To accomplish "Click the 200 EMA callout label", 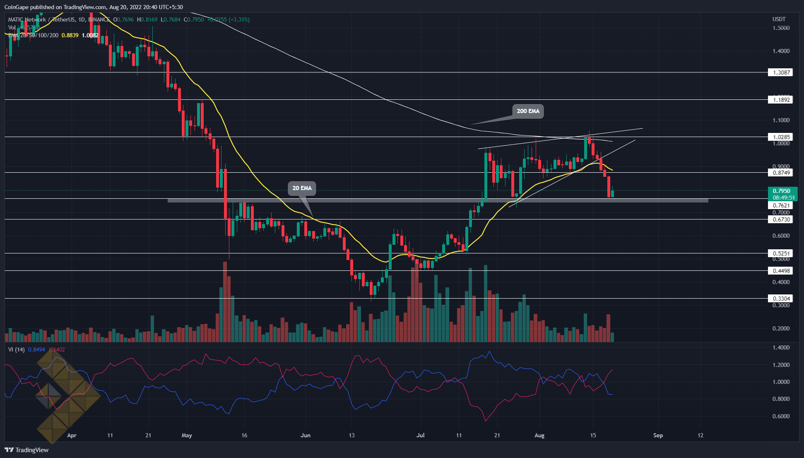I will tap(528, 111).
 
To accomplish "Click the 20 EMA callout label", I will tap(302, 188).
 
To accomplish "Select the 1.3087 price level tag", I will tap(780, 72).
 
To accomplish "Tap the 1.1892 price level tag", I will tap(780, 100).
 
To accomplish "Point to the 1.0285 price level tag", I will tap(780, 137).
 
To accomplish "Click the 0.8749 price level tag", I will tap(780, 173).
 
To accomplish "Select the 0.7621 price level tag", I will tap(780, 205).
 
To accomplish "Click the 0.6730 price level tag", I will tap(780, 219).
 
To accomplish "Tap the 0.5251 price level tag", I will tap(780, 253).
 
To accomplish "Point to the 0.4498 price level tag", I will tap(780, 271).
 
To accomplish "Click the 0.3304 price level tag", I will tap(780, 299).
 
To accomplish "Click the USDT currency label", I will tap(779, 19).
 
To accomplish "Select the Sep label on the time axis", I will tap(658, 435).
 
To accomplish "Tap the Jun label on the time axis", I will tap(306, 435).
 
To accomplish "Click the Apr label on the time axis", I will tap(72, 435).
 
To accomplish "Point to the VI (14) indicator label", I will tap(16, 350).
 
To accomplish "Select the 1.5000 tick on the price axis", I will tap(781, 28).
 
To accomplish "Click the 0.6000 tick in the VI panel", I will tap(781, 416).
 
